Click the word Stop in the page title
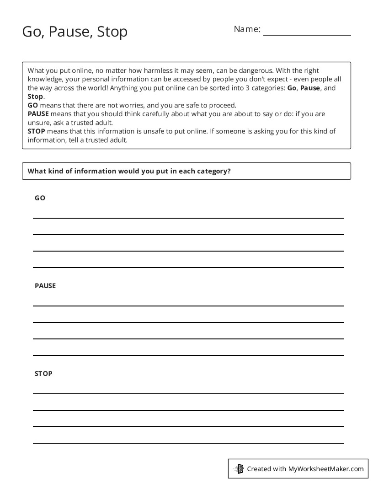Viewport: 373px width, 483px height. pos(112,32)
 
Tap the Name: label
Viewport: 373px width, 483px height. pos(247,29)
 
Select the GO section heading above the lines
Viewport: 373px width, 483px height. pos(40,198)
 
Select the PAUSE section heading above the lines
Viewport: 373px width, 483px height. pos(45,286)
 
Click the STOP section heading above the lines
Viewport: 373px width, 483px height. pos(43,374)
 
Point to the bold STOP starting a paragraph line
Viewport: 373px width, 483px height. pos(37,131)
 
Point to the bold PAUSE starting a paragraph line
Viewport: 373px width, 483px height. pos(38,114)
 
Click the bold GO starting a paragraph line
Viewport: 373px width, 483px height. pos(33,105)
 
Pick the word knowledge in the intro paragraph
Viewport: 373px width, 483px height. pos(44,79)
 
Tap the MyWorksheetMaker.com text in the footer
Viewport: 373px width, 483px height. pos(325,469)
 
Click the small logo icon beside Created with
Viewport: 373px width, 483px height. pos(239,469)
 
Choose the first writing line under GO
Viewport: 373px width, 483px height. pos(188,218)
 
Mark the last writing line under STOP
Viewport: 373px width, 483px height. pos(188,443)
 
